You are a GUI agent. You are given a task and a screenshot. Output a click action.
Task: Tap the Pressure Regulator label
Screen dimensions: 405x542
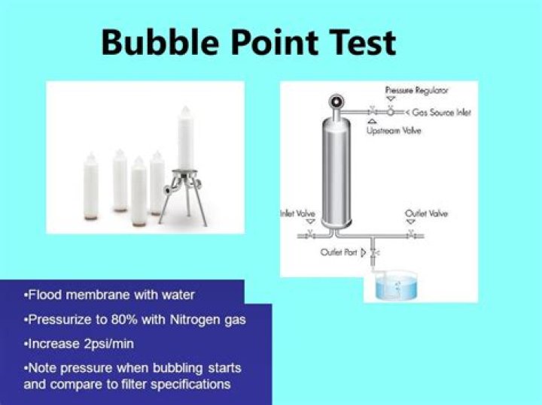point(416,90)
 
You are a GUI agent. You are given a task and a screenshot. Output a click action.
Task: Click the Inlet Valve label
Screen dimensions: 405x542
point(298,214)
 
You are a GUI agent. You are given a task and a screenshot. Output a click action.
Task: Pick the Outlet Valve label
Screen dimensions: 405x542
point(427,214)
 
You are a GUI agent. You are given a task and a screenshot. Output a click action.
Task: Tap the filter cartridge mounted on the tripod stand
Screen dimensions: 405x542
point(186,139)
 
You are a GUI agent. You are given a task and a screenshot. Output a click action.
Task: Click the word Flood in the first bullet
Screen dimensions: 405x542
point(44,295)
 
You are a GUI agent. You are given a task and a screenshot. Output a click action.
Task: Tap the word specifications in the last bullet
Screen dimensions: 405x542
point(193,385)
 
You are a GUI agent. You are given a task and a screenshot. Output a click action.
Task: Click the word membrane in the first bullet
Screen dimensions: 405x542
point(98,295)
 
